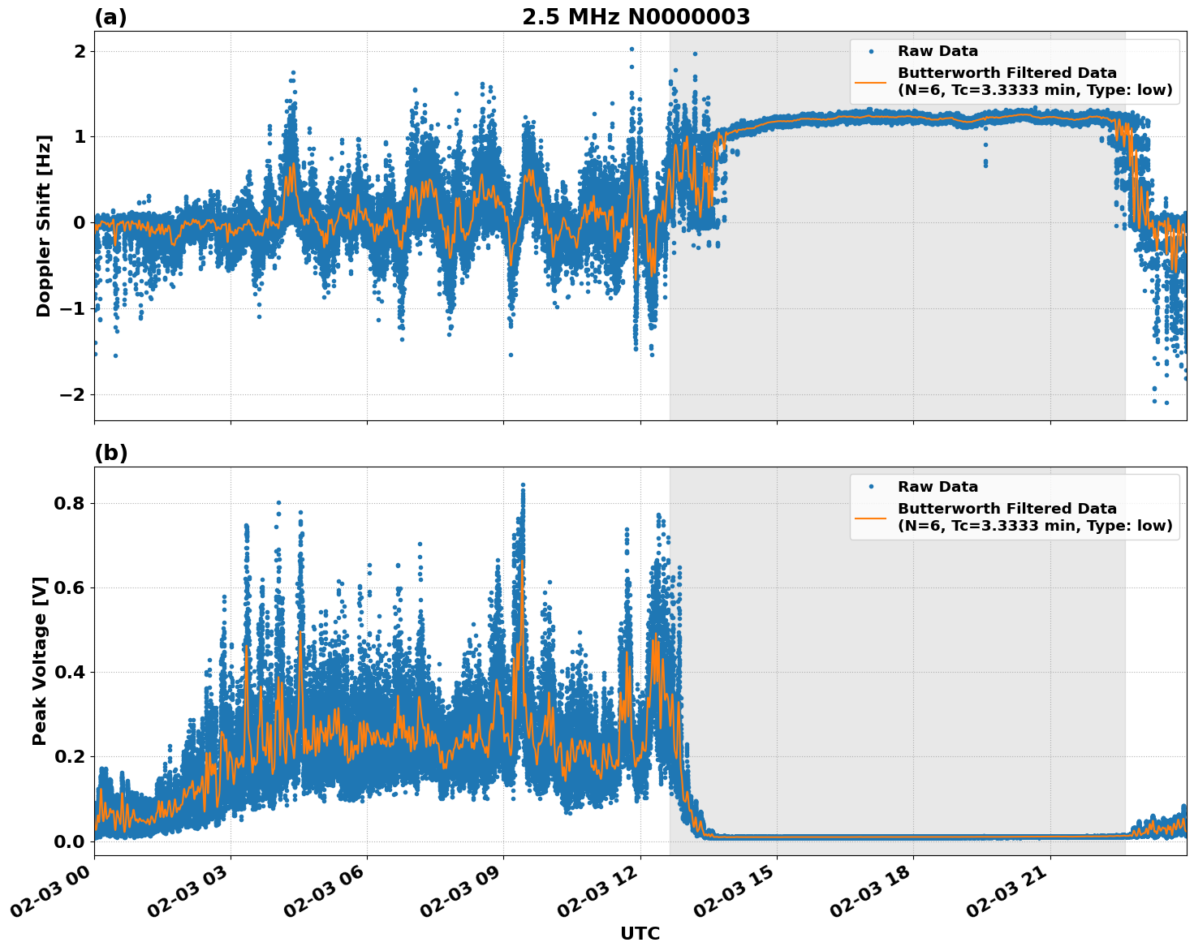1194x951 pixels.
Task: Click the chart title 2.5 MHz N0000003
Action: (x=636, y=17)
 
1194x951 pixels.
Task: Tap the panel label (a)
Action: (x=110, y=17)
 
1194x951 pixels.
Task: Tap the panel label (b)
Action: (x=110, y=453)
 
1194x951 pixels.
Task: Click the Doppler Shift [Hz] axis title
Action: (x=44, y=226)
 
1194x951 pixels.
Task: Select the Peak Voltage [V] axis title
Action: (x=40, y=661)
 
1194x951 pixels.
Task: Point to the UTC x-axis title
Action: (x=640, y=933)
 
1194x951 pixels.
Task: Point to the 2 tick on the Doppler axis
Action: (x=80, y=51)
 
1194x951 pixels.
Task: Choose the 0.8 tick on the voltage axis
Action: (x=69, y=503)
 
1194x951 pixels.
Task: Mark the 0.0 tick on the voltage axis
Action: (x=69, y=841)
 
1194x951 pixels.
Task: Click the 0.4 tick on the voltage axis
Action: (x=69, y=672)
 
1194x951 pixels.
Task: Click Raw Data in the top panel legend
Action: (x=938, y=51)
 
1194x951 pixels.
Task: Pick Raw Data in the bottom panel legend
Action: (x=938, y=487)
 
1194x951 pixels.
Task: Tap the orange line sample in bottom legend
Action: (x=871, y=517)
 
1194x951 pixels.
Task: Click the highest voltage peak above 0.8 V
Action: (x=523, y=485)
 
